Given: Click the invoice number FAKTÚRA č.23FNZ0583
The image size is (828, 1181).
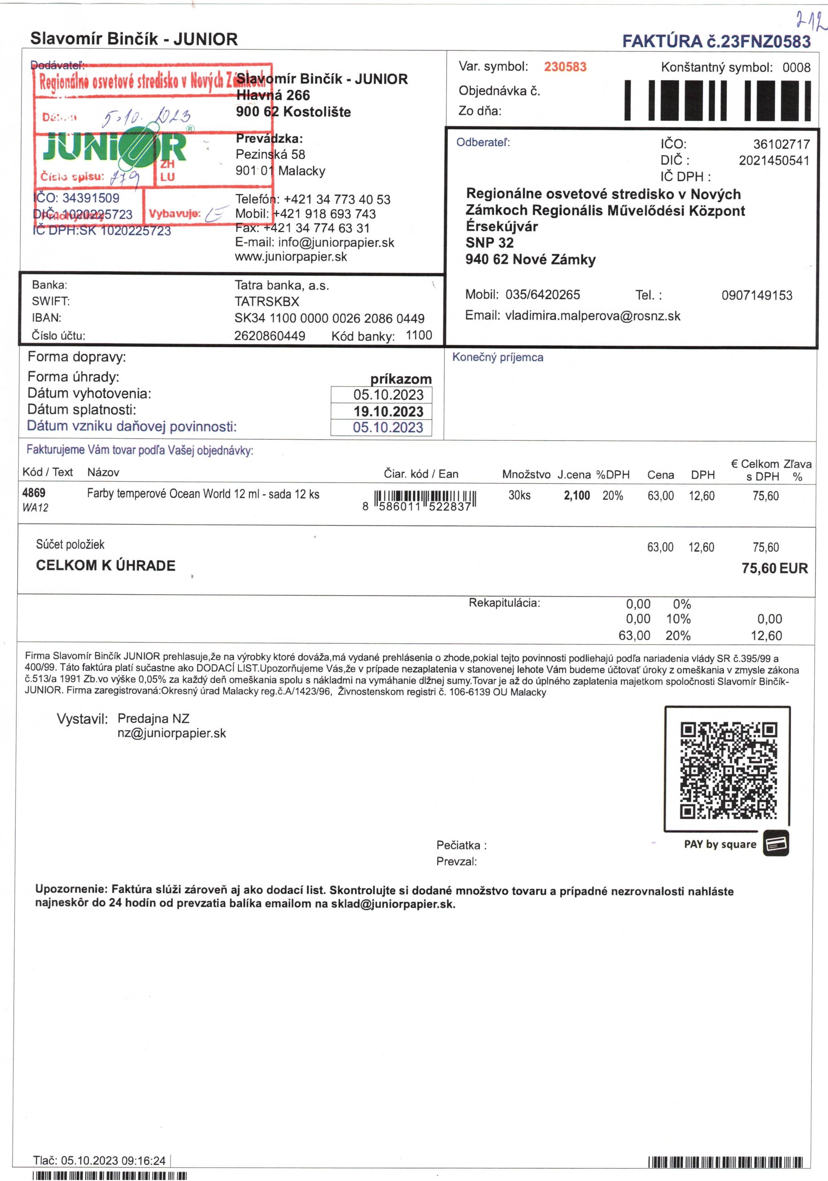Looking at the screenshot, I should click(716, 42).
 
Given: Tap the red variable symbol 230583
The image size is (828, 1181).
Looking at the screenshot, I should click(565, 67).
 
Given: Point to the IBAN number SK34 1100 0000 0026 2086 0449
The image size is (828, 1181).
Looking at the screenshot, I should click(329, 319).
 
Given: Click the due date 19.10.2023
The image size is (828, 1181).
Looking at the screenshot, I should click(388, 412).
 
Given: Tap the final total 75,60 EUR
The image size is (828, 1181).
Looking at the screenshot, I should click(774, 568).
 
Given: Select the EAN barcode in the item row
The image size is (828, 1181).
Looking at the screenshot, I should click(425, 499).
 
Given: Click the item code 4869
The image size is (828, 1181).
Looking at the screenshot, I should click(34, 493).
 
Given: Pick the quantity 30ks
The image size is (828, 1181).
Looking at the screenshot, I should click(519, 495).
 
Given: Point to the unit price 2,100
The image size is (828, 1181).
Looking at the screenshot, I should click(577, 496).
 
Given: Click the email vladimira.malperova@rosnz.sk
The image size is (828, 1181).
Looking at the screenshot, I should click(592, 316).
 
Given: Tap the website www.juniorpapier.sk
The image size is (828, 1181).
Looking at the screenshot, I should click(291, 257).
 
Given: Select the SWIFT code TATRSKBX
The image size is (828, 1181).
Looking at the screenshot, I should click(267, 301).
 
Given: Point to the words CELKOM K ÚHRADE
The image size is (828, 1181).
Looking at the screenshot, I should click(106, 566).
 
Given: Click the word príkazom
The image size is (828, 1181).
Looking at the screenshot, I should click(401, 379).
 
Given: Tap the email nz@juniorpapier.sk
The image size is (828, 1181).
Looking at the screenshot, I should click(172, 734).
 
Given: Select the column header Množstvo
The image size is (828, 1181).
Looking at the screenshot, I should click(526, 474).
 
